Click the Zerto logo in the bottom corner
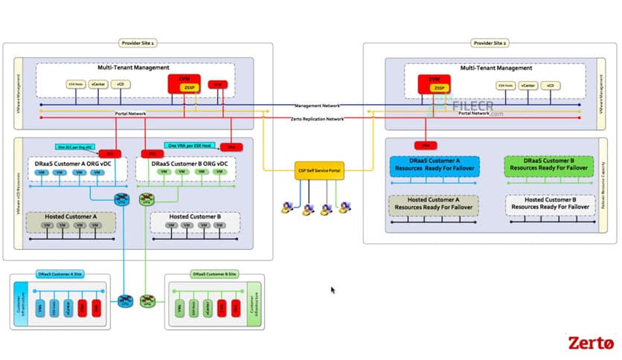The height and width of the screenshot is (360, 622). pyautogui.click(x=591, y=343)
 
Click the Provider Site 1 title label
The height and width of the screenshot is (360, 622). pyautogui.click(x=136, y=44)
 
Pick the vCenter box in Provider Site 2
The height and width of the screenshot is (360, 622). pyautogui.click(x=528, y=86)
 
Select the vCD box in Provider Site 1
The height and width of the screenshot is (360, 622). pyautogui.click(x=121, y=85)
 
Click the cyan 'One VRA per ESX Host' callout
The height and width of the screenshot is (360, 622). pyautogui.click(x=190, y=145)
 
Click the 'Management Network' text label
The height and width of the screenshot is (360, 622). pyautogui.click(x=317, y=106)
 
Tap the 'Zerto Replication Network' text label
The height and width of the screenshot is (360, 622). pyautogui.click(x=318, y=119)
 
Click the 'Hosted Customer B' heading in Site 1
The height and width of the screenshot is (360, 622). pyautogui.click(x=194, y=216)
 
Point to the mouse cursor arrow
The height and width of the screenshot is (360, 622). pyautogui.click(x=333, y=290)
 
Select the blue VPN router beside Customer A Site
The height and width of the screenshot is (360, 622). pyautogui.click(x=124, y=300)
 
